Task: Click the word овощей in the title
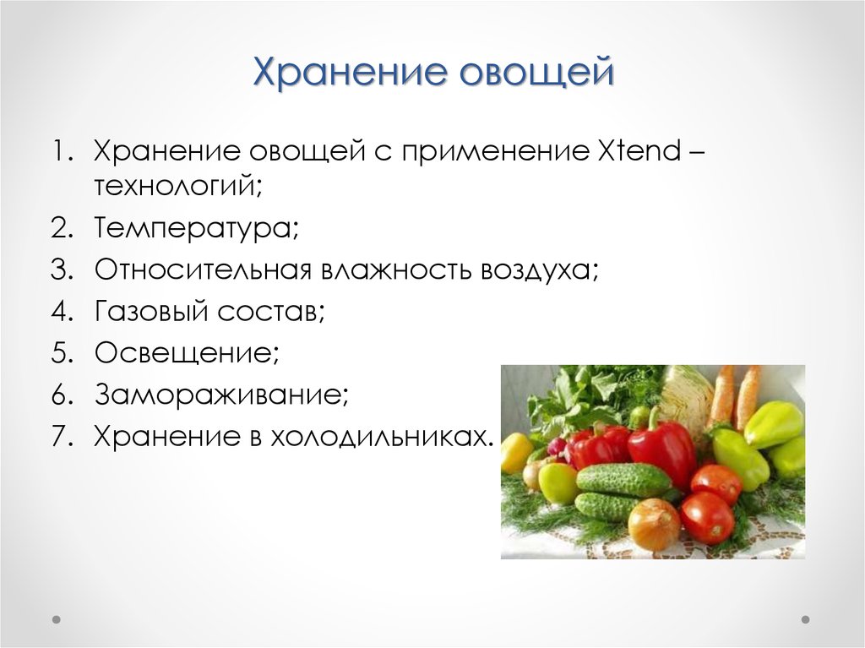(536, 72)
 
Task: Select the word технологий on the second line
(177, 186)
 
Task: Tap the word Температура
(196, 228)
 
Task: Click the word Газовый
(152, 311)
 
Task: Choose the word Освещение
(187, 352)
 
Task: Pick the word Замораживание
(221, 394)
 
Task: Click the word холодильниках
(380, 437)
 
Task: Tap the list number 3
(62, 270)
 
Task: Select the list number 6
(62, 395)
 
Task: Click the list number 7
(62, 437)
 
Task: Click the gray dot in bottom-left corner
(57, 619)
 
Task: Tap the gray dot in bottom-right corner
(805, 619)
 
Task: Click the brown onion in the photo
(654, 525)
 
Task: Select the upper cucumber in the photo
(623, 479)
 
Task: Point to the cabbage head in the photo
(686, 396)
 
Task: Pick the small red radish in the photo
(558, 448)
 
